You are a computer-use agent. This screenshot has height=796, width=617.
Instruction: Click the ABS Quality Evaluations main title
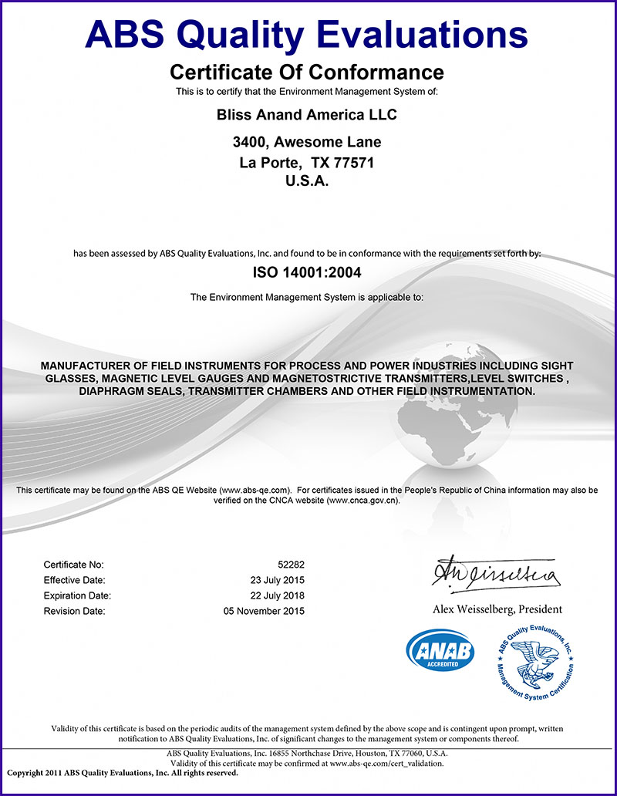pyautogui.click(x=306, y=34)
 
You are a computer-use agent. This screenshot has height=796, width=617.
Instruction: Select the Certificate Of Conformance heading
pyautogui.click(x=306, y=73)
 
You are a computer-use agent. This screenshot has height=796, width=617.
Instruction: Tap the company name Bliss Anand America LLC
pyautogui.click(x=307, y=115)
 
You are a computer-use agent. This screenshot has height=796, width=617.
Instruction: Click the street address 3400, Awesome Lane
pyautogui.click(x=307, y=143)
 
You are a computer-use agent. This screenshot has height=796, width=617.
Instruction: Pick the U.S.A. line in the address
pyautogui.click(x=307, y=182)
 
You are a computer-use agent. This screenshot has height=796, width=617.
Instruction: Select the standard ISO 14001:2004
pyautogui.click(x=307, y=272)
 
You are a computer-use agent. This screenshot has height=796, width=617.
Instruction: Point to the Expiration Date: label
pyautogui.click(x=77, y=595)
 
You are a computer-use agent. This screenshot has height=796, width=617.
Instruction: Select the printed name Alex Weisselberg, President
pyautogui.click(x=497, y=609)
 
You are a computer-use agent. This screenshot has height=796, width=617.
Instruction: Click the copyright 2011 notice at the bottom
pyautogui.click(x=123, y=772)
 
